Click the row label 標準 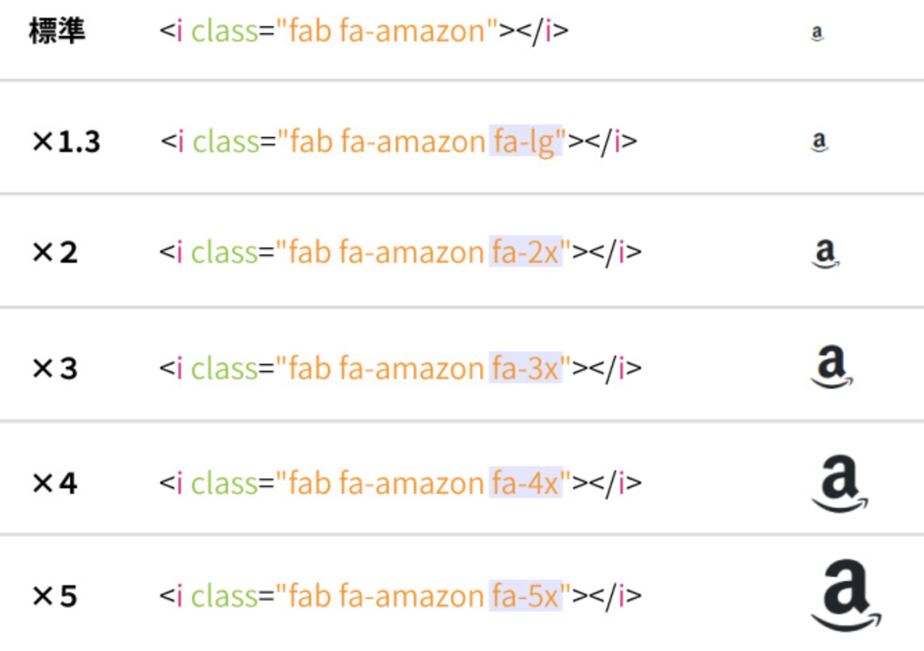[x=57, y=31]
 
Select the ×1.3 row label [x=66, y=142]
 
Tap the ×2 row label [x=55, y=252]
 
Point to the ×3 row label [x=55, y=368]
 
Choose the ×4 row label [x=55, y=482]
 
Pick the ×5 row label [x=55, y=596]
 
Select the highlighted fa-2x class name [x=526, y=252]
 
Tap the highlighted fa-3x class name [x=526, y=367]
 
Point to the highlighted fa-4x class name [x=526, y=482]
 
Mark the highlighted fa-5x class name [x=526, y=596]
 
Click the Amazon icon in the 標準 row [x=817, y=33]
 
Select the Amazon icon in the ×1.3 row [x=819, y=142]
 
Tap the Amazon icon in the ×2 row [x=825, y=254]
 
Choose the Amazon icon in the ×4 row [x=840, y=483]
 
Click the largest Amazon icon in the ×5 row [x=846, y=596]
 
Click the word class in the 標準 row [x=225, y=32]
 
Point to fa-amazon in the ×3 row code [x=412, y=368]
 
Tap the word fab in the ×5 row [x=310, y=596]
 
